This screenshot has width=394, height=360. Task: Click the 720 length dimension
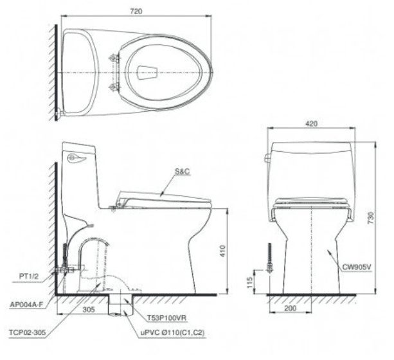[136, 12]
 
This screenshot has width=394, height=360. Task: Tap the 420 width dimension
[311, 123]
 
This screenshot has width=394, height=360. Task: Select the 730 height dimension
[371, 218]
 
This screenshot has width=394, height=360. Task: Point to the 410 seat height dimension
[222, 251]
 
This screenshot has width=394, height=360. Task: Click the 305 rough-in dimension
[89, 309]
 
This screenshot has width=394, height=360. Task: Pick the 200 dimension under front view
[291, 308]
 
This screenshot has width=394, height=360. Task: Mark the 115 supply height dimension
[249, 282]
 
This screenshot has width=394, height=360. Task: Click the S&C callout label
[182, 172]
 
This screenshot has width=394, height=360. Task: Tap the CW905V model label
[357, 267]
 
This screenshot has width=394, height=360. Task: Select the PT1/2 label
[29, 276]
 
